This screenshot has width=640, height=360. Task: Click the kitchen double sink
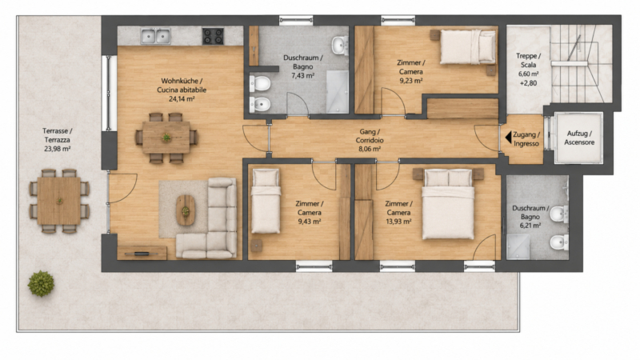coord(155,36)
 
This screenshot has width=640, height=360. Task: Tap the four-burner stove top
coord(213,36)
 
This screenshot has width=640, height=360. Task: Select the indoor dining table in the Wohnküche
coord(166,137)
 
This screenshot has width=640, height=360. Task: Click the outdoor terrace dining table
coord(59,201)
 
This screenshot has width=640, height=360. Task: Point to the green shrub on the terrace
coord(41,283)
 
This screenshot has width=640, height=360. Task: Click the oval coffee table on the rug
coord(186,210)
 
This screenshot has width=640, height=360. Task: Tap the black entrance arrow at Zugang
coord(508,138)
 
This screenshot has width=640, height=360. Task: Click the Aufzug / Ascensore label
coord(579,138)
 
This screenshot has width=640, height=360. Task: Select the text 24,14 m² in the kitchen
coord(182,98)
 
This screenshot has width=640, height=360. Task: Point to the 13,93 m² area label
coord(398,222)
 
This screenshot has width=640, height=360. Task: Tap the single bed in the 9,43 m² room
coord(266,202)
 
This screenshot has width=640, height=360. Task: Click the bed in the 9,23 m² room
coord(468,47)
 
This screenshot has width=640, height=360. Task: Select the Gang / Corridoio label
coord(370,136)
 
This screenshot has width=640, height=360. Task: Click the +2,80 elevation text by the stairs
coord(528,83)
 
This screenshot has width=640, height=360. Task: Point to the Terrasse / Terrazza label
coord(57,135)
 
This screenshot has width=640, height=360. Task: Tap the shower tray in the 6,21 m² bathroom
coord(518,247)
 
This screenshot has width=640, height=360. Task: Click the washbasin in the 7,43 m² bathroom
coord(339,46)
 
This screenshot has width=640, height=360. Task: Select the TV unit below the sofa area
coord(142,253)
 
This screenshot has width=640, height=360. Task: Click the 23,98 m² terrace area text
coord(57,149)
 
